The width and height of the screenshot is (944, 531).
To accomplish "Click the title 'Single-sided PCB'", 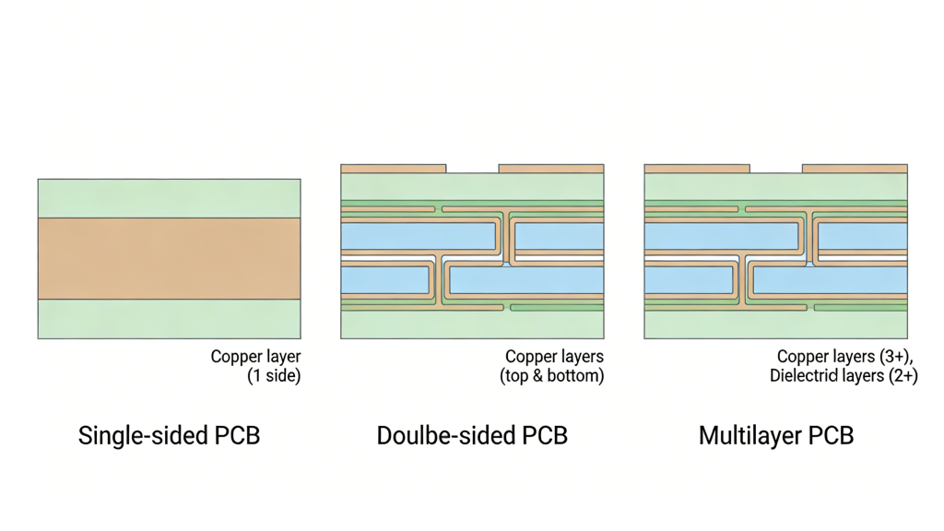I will pyautogui.click(x=169, y=435).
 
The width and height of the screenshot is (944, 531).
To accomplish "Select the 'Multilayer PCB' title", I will pyautogui.click(x=776, y=435).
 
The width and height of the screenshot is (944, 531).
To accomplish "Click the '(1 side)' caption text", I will pyautogui.click(x=274, y=376).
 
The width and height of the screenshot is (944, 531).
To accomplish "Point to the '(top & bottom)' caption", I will pyautogui.click(x=551, y=376).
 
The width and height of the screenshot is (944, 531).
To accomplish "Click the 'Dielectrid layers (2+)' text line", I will pyautogui.click(x=844, y=376).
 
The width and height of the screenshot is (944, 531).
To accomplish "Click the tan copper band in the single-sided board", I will pyautogui.click(x=169, y=258).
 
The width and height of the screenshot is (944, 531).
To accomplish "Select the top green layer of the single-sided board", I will pyautogui.click(x=169, y=198).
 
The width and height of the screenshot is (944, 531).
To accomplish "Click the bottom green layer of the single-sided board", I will pyautogui.click(x=169, y=319).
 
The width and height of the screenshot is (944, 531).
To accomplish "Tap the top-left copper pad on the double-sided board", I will pyautogui.click(x=394, y=169).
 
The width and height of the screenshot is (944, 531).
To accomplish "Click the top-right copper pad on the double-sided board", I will pyautogui.click(x=551, y=169).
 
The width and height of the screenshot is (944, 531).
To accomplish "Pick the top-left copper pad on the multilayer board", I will pyautogui.click(x=697, y=169).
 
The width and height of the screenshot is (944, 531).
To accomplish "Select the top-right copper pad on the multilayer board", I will pyautogui.click(x=855, y=169).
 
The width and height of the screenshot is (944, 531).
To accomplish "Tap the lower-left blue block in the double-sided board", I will pyautogui.click(x=385, y=279).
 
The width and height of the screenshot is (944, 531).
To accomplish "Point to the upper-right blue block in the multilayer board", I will pyautogui.click(x=863, y=237).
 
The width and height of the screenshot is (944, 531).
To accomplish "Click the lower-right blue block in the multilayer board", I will pyautogui.click(x=830, y=279).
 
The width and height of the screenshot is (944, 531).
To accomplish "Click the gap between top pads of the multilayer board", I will pyautogui.click(x=776, y=169).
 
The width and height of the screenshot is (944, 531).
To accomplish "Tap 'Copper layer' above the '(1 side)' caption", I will pyautogui.click(x=255, y=357).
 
